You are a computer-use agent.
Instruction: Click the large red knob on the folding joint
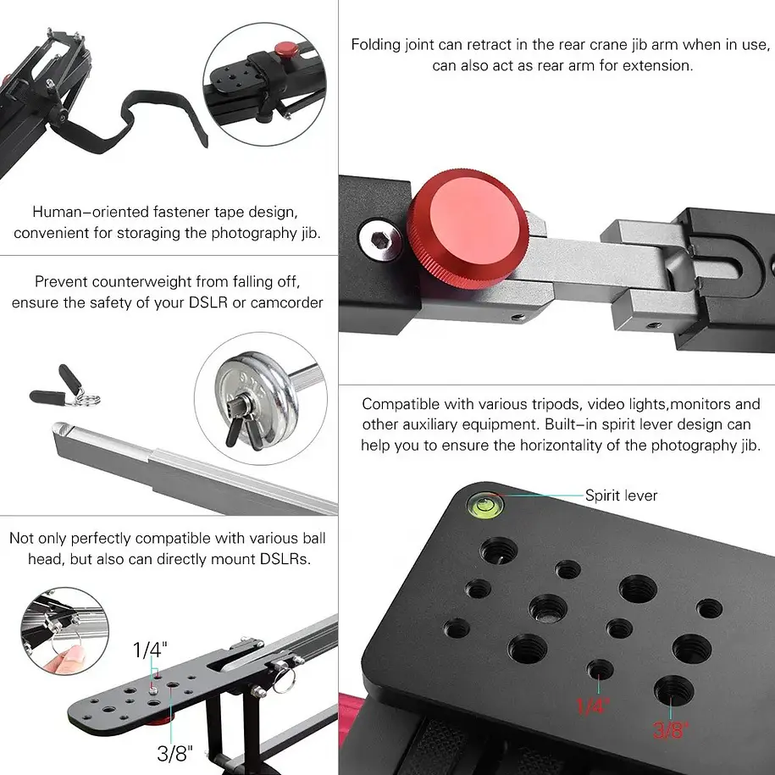[x=468, y=229]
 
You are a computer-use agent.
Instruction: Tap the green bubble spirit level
[x=484, y=506]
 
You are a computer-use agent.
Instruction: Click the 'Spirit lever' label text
[x=622, y=495]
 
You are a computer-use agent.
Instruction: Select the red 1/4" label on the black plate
[x=593, y=706]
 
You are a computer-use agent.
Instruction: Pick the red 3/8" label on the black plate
[x=670, y=729]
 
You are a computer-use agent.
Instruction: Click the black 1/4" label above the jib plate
[x=150, y=650]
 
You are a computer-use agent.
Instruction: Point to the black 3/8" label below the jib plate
[x=174, y=753]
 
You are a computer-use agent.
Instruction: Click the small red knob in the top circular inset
[x=286, y=49]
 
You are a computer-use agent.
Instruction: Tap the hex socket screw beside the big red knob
[x=379, y=240]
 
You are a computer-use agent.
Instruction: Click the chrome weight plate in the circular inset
[x=256, y=400]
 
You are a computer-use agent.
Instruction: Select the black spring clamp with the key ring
[x=64, y=389]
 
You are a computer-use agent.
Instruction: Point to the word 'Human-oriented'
[x=91, y=212]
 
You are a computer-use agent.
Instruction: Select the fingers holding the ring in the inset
[x=65, y=660]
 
